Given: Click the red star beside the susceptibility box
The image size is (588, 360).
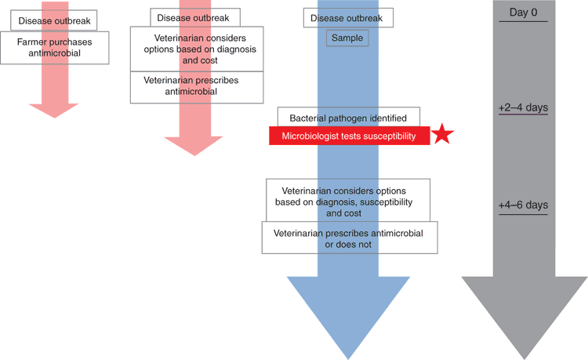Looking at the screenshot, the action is (442, 134).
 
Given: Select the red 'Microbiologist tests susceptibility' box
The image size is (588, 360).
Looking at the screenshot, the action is (350, 136).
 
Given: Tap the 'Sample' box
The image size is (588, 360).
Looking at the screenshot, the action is (347, 38).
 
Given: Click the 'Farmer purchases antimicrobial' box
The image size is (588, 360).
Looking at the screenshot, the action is (55, 48).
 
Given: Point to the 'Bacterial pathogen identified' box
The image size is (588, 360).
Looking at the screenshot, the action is (349, 117).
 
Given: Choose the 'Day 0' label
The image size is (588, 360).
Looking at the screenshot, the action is (523, 13).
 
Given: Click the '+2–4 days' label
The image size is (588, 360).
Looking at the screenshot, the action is (523, 107).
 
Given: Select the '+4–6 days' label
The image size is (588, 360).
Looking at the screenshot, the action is (523, 205).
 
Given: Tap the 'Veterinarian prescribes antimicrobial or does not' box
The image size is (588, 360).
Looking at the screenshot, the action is (350, 238).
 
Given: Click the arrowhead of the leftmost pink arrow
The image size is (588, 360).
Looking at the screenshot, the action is (54, 111).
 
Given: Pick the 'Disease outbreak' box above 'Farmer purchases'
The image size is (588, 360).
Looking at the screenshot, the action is (53, 20).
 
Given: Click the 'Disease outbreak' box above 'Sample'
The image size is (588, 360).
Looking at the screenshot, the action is (348, 17).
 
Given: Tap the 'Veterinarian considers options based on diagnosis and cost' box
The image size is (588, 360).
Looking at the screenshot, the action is (197, 49).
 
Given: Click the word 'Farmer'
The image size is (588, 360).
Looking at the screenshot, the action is (30, 42).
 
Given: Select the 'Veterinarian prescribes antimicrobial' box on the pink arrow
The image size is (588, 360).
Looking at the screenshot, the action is (197, 87).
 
